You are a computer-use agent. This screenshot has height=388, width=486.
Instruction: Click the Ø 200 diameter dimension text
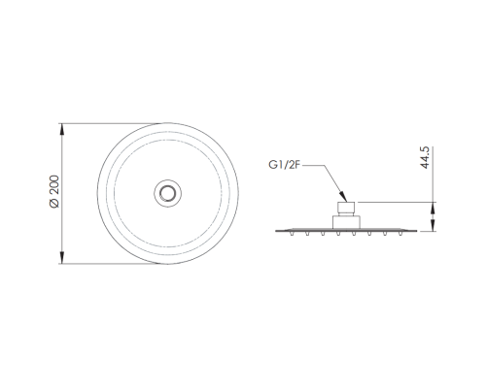click(54, 191)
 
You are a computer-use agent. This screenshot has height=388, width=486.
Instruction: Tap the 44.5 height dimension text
click(425, 157)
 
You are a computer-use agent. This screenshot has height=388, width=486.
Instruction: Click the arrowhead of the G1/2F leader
click(343, 197)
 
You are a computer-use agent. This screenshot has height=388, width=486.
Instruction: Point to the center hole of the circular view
click(168, 193)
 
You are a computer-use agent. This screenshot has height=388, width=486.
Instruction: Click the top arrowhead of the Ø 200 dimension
click(62, 129)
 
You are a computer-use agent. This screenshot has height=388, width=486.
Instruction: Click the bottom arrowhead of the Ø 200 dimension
click(62, 258)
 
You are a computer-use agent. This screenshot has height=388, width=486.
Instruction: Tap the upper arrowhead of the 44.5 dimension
click(434, 208)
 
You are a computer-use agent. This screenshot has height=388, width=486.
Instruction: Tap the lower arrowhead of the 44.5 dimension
click(434, 225)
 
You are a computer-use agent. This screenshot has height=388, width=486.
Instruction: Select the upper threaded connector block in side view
click(346, 207)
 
